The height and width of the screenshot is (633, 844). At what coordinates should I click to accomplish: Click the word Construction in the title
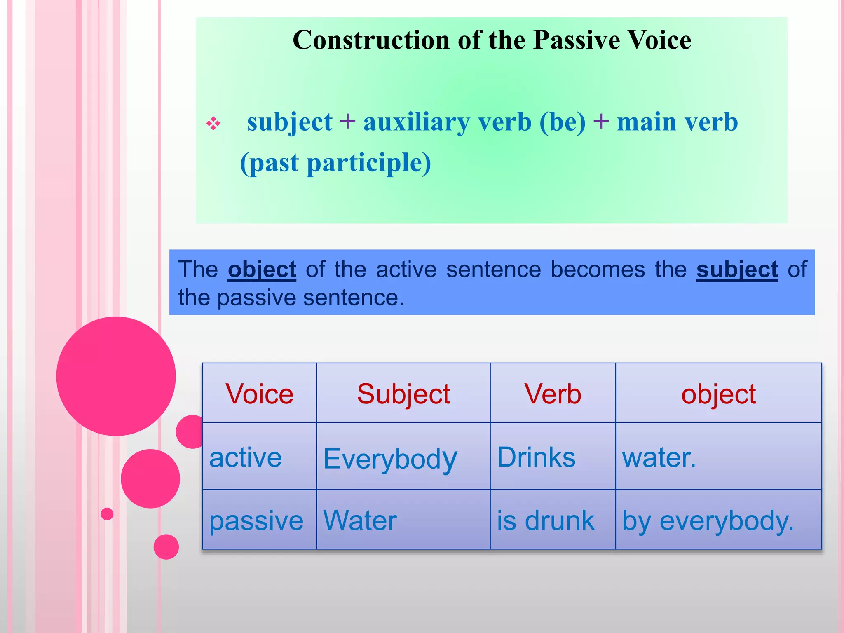click(371, 40)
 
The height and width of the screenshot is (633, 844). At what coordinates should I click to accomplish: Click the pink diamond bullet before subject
click(213, 123)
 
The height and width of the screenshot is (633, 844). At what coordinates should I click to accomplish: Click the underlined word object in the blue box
click(262, 270)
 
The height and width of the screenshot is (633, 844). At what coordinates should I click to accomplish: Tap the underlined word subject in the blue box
click(737, 270)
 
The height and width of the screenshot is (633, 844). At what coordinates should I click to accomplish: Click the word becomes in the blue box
click(598, 270)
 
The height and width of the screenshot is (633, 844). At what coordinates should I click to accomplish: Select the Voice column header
click(259, 394)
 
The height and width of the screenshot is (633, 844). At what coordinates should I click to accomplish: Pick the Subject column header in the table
click(403, 394)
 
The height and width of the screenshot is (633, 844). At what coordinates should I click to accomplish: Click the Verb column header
click(553, 394)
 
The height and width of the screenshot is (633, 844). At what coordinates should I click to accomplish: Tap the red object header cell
click(718, 394)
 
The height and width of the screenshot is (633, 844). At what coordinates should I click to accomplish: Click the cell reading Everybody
click(390, 458)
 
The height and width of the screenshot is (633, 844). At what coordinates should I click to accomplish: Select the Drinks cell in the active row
click(536, 457)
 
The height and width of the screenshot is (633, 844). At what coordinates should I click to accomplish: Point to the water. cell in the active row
click(659, 457)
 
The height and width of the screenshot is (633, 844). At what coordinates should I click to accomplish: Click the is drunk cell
click(545, 520)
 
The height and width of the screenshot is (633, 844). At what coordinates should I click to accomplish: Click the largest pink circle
click(116, 376)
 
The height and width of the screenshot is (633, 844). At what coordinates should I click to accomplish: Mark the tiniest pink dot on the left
click(107, 514)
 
